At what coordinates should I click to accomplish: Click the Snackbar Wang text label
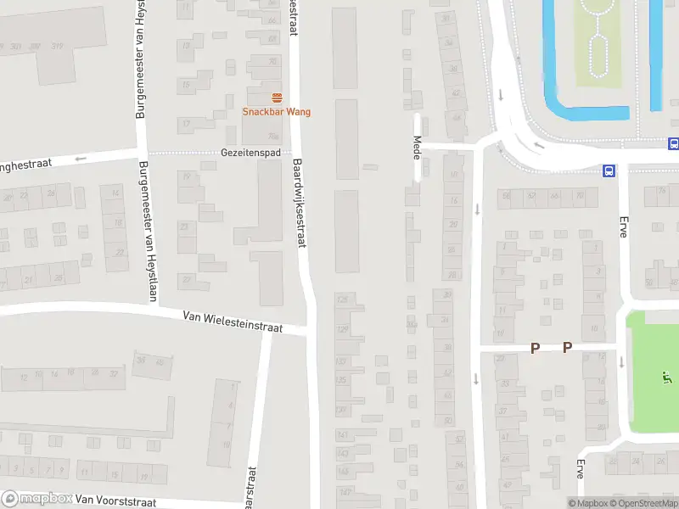tap(277, 112)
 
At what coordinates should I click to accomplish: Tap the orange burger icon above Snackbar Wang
tap(277, 98)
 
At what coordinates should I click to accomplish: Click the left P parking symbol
tap(535, 347)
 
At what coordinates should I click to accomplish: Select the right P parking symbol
tap(567, 347)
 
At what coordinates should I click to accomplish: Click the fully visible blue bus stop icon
tap(609, 171)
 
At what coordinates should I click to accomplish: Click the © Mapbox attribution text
tap(588, 504)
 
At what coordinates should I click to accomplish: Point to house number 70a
tap(273, 136)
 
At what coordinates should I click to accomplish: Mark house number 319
tap(58, 46)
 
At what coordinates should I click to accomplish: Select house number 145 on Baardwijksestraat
tap(344, 453)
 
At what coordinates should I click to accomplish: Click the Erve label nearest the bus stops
tap(622, 227)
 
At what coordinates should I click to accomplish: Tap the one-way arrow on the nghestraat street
tap(81, 159)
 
